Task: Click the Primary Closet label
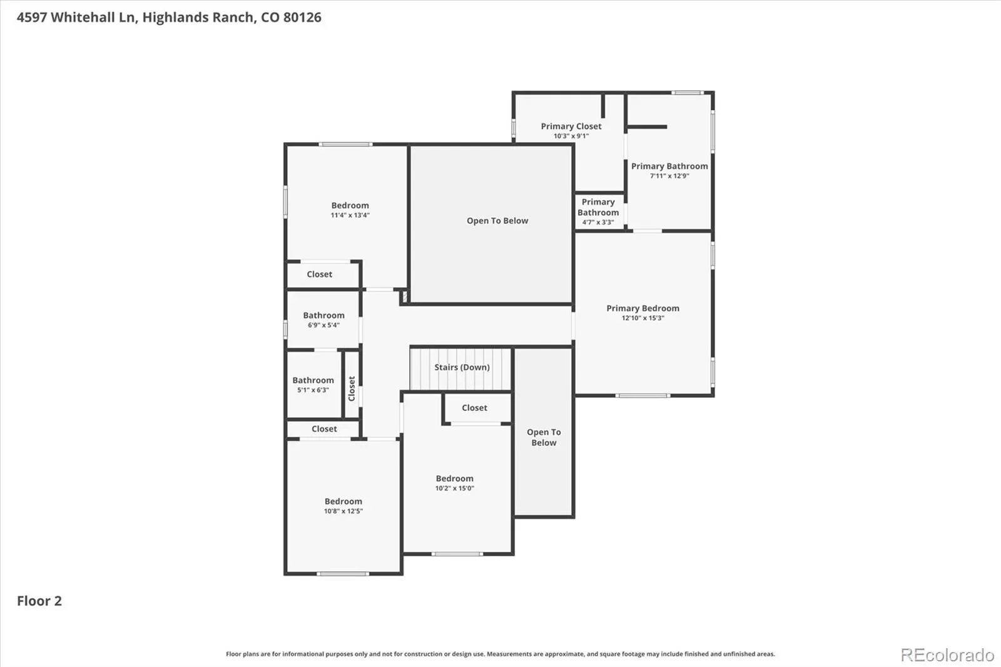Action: pyautogui.click(x=571, y=126)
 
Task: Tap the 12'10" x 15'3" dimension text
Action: pyautogui.click(x=643, y=318)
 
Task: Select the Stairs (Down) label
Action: pyautogui.click(x=462, y=367)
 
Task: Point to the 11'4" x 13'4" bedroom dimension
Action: pyautogui.click(x=350, y=215)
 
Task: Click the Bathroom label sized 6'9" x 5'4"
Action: pyautogui.click(x=324, y=315)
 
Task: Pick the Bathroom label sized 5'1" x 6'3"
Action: pyautogui.click(x=313, y=380)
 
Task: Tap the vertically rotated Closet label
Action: pyautogui.click(x=352, y=389)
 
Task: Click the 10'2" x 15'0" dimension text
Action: pyautogui.click(x=455, y=488)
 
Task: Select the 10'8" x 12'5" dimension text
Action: pyautogui.click(x=343, y=511)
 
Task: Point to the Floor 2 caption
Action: pyautogui.click(x=39, y=601)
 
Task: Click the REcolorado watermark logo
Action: pyautogui.click(x=947, y=655)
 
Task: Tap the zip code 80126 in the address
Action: pyautogui.click(x=303, y=18)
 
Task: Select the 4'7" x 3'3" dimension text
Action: pyautogui.click(x=598, y=222)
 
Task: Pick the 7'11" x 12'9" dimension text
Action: pyautogui.click(x=669, y=176)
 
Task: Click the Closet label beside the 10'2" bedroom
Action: pyautogui.click(x=475, y=408)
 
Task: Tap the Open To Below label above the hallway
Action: pyautogui.click(x=497, y=221)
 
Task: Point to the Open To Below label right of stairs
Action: pyautogui.click(x=544, y=437)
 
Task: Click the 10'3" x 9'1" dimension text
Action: pyautogui.click(x=571, y=136)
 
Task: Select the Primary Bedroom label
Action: pyautogui.click(x=643, y=308)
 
